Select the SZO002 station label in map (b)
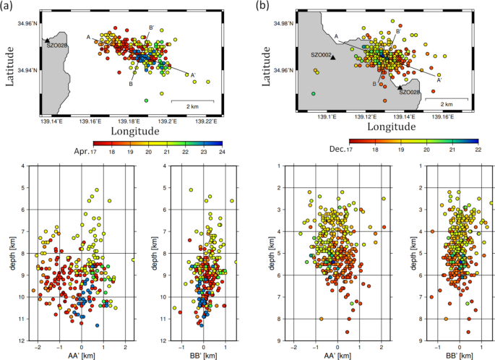(322, 55)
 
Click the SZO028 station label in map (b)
(410, 92)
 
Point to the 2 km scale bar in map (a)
(191, 101)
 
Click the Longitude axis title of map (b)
(385, 130)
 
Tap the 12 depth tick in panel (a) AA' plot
(24, 340)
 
